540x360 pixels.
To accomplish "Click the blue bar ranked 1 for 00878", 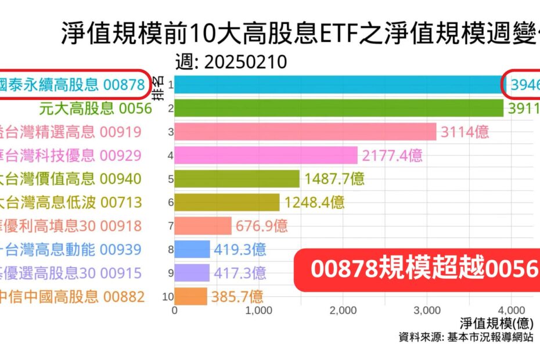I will tap(337, 85).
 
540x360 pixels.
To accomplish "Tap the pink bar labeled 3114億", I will tap(305, 132).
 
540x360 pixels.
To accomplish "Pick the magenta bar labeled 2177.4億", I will tap(266, 155).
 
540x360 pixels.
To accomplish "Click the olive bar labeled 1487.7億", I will tap(237, 179).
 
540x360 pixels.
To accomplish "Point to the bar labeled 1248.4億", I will tap(226, 202).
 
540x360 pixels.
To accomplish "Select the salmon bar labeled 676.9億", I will tap(203, 225).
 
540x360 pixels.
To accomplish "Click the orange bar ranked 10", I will tap(190, 297).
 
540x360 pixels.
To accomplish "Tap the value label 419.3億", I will tap(240, 250).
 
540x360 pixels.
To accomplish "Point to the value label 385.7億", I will tap(237, 297).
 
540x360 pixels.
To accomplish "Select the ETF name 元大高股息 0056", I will tap(95, 109).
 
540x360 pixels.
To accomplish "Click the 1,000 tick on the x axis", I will tap(259, 311).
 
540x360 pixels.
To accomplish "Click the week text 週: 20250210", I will tap(231, 62).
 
